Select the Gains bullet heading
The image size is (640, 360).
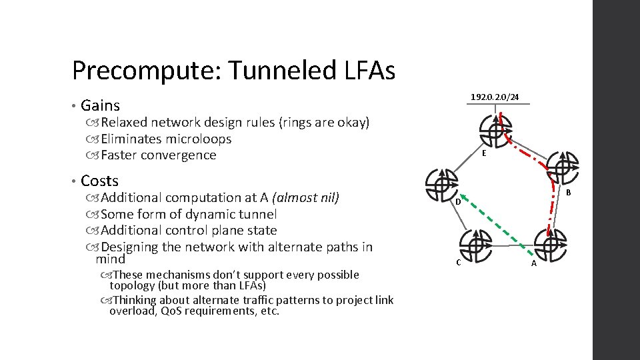click(100, 105)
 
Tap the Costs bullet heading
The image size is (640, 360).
click(99, 181)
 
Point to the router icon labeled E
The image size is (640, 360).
click(495, 130)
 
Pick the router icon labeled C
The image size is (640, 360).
click(475, 245)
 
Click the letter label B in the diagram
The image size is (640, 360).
click(568, 193)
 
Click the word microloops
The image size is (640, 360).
click(199, 139)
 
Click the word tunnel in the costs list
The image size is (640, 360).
click(259, 214)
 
